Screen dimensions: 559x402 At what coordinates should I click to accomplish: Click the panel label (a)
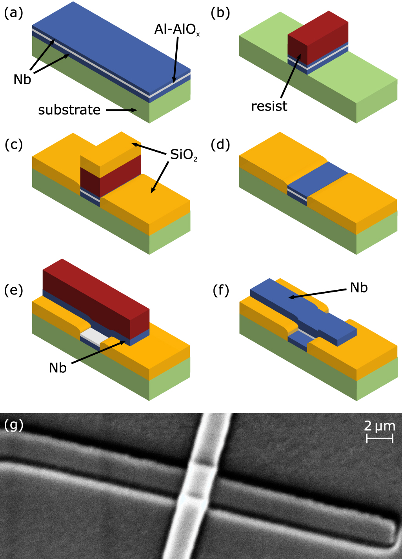click(x=14, y=13)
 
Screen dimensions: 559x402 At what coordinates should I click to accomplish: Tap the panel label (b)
click(x=220, y=13)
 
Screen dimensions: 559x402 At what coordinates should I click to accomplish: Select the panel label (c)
click(x=14, y=145)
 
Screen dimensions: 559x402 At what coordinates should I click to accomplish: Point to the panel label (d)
click(x=220, y=145)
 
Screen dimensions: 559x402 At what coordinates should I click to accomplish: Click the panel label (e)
click(x=14, y=290)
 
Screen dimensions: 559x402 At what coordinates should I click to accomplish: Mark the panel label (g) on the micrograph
click(x=14, y=425)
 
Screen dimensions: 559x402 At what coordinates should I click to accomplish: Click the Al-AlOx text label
click(x=177, y=30)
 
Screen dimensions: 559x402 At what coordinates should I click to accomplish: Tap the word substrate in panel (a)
click(x=69, y=110)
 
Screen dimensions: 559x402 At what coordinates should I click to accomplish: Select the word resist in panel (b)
click(x=269, y=106)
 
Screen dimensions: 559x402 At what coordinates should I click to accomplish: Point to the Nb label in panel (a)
click(x=22, y=80)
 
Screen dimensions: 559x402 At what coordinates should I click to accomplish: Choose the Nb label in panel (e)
click(x=58, y=368)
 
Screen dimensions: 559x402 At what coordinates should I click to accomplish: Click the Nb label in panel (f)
click(x=358, y=288)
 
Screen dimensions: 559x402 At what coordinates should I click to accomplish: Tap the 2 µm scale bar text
click(x=379, y=426)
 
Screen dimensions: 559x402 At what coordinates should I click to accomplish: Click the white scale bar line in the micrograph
click(x=380, y=439)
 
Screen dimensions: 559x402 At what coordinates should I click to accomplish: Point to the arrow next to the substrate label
click(x=122, y=110)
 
